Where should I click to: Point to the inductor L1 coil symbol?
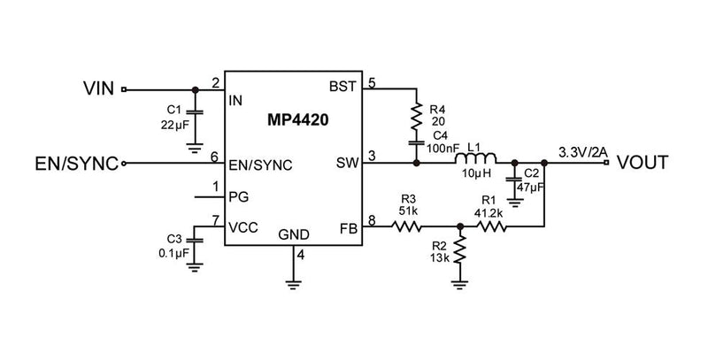[475, 158]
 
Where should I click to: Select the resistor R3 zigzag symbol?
[408, 227]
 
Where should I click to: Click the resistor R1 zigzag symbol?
[491, 227]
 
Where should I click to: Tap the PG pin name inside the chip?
[238, 195]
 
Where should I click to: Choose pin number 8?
[372, 218]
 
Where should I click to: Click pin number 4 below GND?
[301, 257]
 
